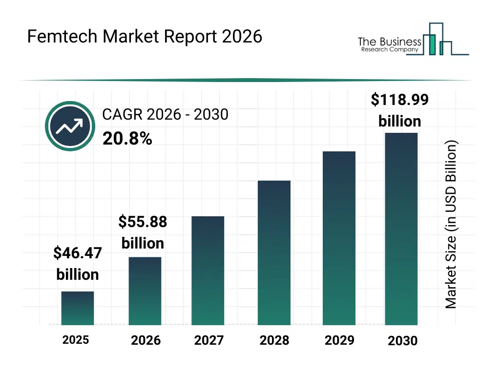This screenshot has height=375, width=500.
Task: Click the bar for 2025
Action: pyautogui.click(x=78, y=308)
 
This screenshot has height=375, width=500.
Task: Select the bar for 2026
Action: pyautogui.click(x=145, y=291)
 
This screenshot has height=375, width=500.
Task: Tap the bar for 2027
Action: pyautogui.click(x=208, y=271)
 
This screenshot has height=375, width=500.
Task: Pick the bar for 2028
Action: pyautogui.click(x=274, y=252)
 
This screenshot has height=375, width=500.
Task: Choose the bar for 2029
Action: pyautogui.click(x=339, y=238)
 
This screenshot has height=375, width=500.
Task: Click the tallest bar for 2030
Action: pyautogui.click(x=401, y=229)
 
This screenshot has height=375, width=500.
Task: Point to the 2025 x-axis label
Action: pyautogui.click(x=76, y=340)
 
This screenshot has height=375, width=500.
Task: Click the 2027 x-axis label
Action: pyautogui.click(x=209, y=340)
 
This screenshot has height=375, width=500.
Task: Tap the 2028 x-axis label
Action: pyautogui.click(x=274, y=340)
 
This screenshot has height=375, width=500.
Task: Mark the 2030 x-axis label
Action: pyautogui.click(x=403, y=341)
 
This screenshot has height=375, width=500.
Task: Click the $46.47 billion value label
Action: pyautogui.click(x=78, y=264)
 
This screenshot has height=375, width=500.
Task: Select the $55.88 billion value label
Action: pyautogui.click(x=143, y=232)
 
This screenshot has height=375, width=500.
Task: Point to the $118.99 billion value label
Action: pyautogui.click(x=400, y=110)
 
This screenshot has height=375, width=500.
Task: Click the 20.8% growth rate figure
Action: pyautogui.click(x=127, y=139)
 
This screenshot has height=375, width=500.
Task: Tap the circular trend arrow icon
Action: pyautogui.click(x=70, y=126)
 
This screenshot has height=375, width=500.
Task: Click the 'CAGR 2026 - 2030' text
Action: pyautogui.click(x=165, y=115)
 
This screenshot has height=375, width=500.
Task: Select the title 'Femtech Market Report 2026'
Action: pyautogui.click(x=145, y=37)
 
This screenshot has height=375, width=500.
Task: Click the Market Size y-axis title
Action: pyautogui.click(x=451, y=225)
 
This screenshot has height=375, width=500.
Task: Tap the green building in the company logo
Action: pyautogui.click(x=431, y=44)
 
